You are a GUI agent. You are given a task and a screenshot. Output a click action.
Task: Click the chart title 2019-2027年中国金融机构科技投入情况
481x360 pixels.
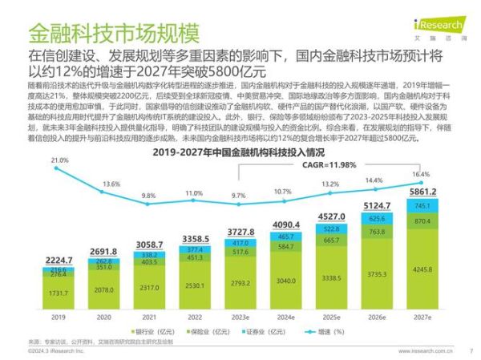click(238, 151)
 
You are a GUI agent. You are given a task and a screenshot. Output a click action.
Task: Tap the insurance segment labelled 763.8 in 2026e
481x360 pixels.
click(375, 232)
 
